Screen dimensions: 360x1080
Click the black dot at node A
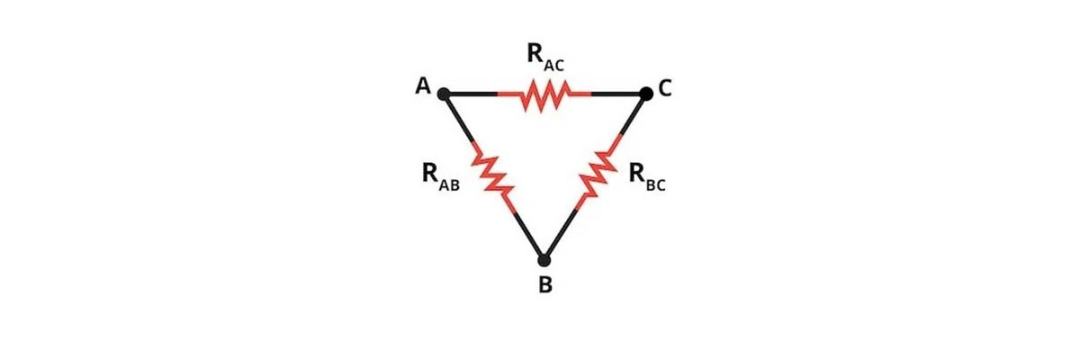coord(443,93)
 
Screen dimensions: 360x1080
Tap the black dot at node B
coord(544,260)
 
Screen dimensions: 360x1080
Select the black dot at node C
coord(645,93)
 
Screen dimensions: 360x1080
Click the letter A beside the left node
coord(421,86)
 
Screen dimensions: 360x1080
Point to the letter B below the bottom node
coord(544,287)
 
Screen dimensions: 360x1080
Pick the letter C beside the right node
coord(665,88)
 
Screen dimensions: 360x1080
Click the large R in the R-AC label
coord(535,53)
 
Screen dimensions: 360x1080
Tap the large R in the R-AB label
coord(430,173)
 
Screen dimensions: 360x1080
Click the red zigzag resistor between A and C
coord(544,94)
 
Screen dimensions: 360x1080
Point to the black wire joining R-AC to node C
coord(618,94)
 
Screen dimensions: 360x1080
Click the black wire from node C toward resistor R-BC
coord(633,114)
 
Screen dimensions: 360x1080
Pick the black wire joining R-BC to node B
coord(560,233)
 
